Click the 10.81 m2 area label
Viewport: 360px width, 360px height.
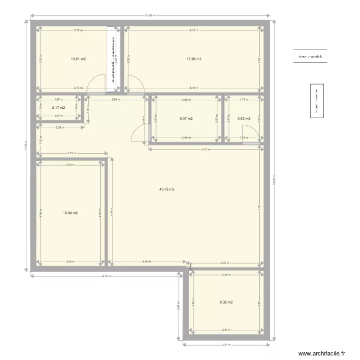pos(78,59)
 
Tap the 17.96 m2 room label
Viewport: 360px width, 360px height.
pos(194,59)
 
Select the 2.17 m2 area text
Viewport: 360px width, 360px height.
pos(59,108)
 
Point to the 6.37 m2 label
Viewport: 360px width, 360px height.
pos(186,119)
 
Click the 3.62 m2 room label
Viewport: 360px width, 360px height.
pos(244,119)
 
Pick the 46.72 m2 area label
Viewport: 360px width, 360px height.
pos(167,189)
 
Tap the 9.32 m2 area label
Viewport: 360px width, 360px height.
pos(226,302)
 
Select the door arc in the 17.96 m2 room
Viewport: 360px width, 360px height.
pos(135,83)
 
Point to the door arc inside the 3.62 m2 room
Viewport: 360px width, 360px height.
pos(249,132)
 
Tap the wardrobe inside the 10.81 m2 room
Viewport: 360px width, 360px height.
pos(114,58)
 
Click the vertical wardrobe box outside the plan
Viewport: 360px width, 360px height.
pos(316,101)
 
